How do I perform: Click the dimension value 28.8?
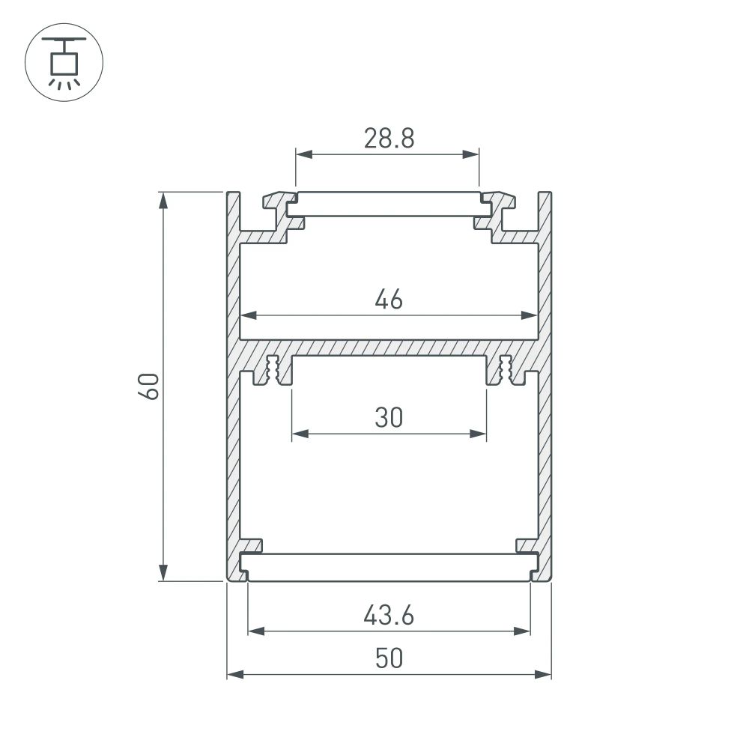389,139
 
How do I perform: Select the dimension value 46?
389,300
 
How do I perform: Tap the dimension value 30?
389,417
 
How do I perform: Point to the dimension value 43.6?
389,616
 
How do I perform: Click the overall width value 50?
389,658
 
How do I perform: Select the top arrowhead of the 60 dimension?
163,199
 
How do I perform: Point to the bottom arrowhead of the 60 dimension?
163,573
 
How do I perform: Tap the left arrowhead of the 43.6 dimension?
255,631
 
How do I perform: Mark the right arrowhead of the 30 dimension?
479,434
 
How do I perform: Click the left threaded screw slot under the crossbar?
273,370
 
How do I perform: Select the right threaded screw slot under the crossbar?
505,370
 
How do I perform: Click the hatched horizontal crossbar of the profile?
389,347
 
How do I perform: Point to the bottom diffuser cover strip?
389,567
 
